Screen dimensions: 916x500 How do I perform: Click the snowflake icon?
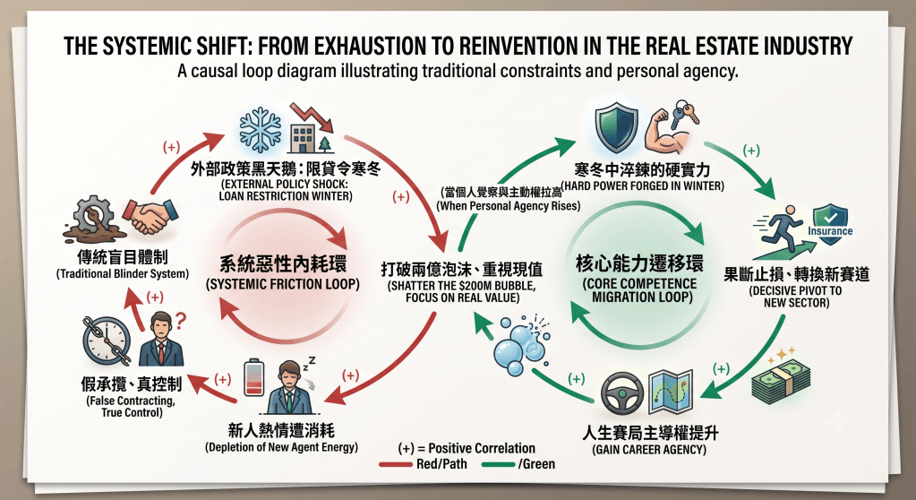pos(260,130)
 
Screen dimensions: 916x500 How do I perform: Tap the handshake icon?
pos(150,216)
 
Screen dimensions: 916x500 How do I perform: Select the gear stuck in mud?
pos(93,220)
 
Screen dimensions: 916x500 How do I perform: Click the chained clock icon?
pos(107,341)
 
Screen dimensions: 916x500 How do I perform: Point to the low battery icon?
pos(253,377)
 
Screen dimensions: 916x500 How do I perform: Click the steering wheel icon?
pos(622,392)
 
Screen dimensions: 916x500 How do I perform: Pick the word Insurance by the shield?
pos(830,231)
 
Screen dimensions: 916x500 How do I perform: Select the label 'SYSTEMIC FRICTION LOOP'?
pos(283,285)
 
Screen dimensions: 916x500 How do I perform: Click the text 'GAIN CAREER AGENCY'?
pos(649,450)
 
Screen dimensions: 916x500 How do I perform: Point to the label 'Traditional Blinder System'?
pos(123,273)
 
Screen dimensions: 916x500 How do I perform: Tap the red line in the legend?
pos(396,465)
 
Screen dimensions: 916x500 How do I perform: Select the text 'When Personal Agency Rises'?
pos(509,206)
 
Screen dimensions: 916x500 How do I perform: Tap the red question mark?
pos(181,320)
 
